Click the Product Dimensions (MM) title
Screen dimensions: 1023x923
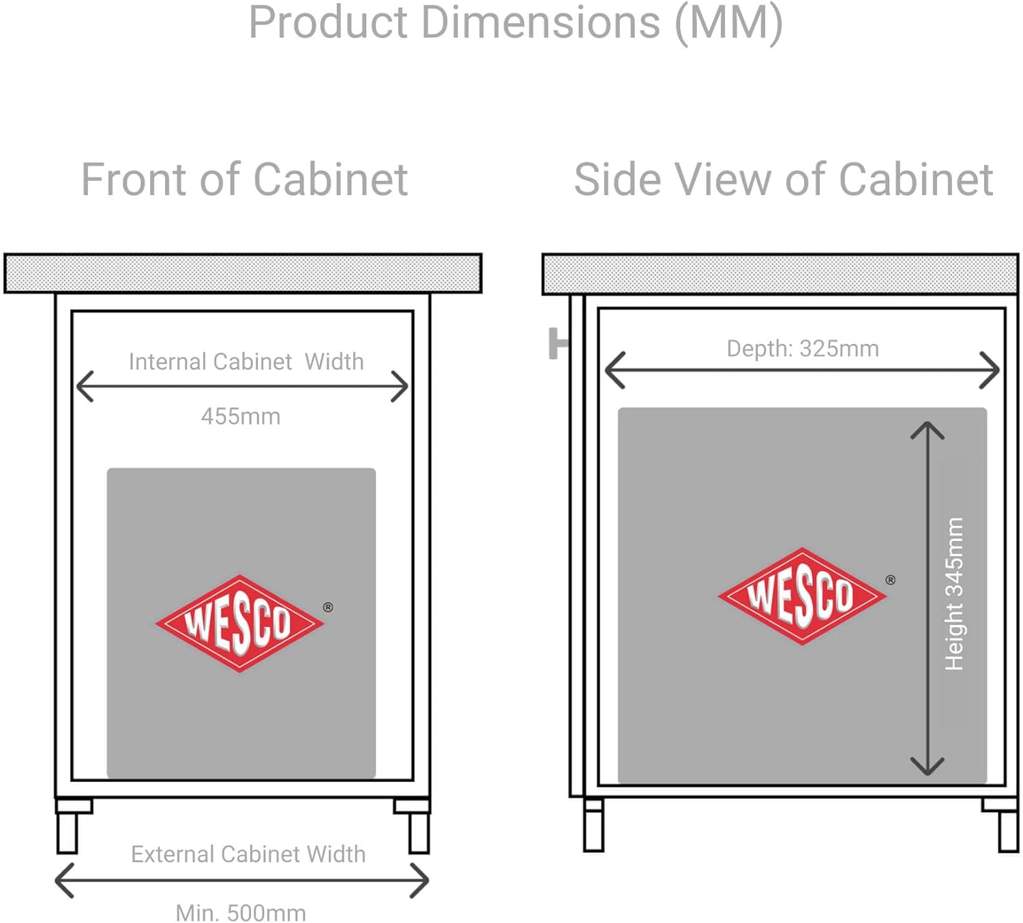tap(516, 24)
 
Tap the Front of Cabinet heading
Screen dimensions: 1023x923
tap(245, 179)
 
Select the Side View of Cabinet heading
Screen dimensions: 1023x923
tap(784, 179)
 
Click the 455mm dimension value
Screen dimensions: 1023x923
tap(241, 417)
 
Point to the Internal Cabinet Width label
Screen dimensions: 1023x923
tap(246, 362)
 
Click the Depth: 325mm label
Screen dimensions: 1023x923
tap(803, 349)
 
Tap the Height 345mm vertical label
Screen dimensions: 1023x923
tap(954, 594)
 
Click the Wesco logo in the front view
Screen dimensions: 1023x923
tap(239, 624)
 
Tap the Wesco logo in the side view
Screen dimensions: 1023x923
tap(802, 596)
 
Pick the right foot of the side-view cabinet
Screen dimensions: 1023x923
tap(1003, 825)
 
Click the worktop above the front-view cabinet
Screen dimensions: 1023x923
tap(243, 274)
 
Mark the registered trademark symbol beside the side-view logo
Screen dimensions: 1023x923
tap(891, 580)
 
